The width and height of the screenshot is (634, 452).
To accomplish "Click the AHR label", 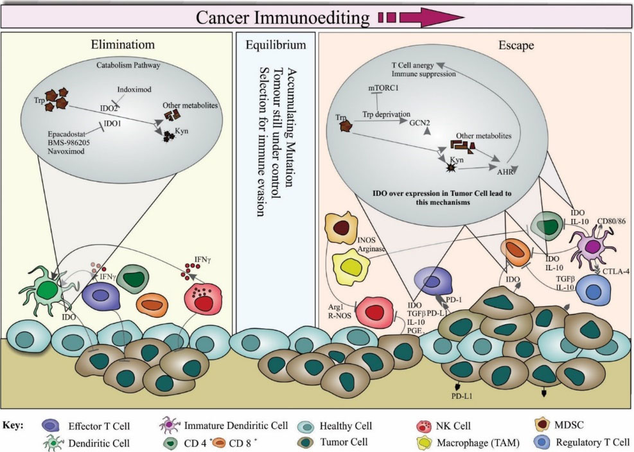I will [505, 171].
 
